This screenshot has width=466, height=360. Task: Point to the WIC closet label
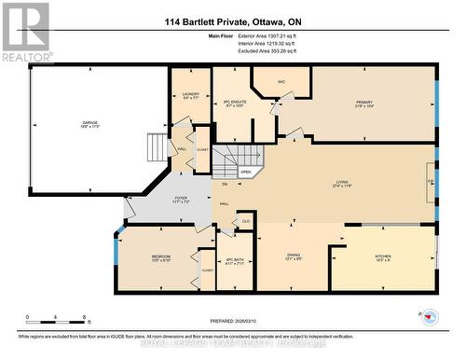coord(281,82)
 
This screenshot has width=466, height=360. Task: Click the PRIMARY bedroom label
coord(363,103)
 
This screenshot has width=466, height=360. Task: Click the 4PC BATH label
coord(234,260)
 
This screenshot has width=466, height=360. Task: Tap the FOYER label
coord(180,199)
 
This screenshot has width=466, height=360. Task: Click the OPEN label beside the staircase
coord(246,172)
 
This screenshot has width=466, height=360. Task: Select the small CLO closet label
coord(245,220)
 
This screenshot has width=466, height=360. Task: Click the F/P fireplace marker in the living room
coord(430,182)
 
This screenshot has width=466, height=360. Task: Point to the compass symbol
coord(431,316)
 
